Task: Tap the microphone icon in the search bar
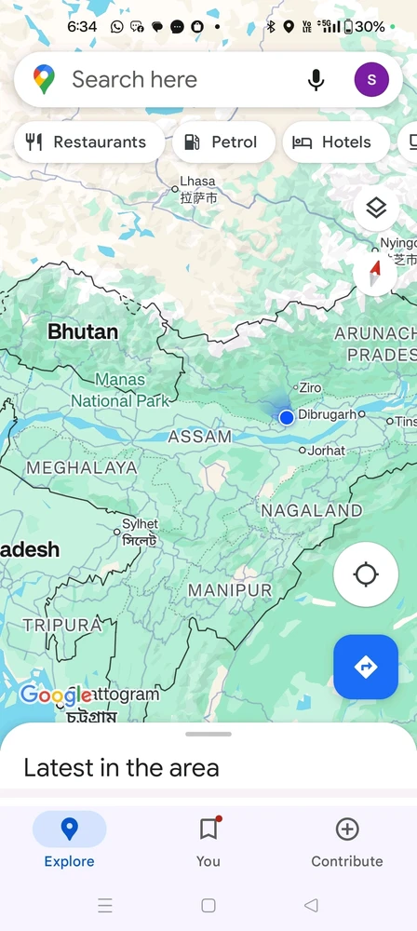pos(316,80)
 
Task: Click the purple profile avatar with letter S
pos(371,80)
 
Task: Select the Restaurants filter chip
pos(87,142)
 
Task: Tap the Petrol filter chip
pos(221,142)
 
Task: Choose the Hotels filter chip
pos(332,142)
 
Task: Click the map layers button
pos(376,209)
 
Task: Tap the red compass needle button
pos(376,274)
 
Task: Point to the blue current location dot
pos(287,418)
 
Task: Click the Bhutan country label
pos(83,331)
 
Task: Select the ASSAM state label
pos(199,437)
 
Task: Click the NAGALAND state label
pos(311,511)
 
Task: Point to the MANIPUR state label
pos(230,590)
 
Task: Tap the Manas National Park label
pos(121,390)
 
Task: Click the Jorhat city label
pos(326,451)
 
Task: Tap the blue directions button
pos(366,667)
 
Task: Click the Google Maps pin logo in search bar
pos(44,80)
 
